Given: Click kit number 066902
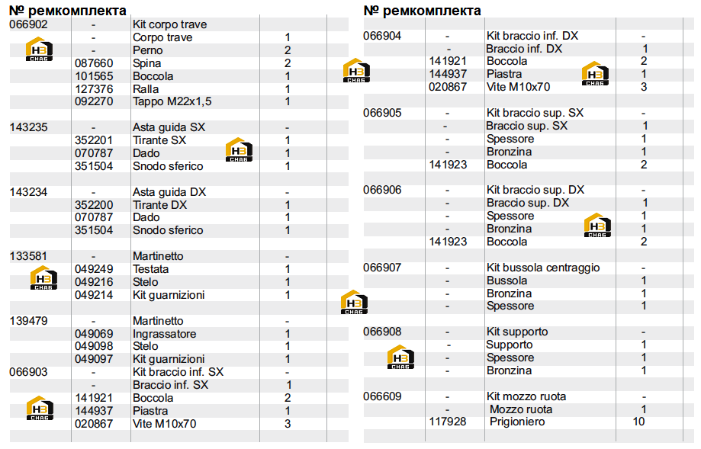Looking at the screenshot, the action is coord(29,24).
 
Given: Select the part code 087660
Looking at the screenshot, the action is coord(94,63).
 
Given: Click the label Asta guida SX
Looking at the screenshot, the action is coord(169,127).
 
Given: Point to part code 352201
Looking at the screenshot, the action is coord(94,140).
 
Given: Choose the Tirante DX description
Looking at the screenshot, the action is coord(160,205).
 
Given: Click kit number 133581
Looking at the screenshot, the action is coord(29,256).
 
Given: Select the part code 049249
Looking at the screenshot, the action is coord(94,269).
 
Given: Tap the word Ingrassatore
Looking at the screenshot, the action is coord(165,334).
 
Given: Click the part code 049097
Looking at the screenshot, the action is coord(94,359).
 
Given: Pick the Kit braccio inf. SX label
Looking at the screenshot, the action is coord(178,372).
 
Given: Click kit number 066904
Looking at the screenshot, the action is coord(382,36).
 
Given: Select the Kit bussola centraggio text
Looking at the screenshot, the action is coord(543,268).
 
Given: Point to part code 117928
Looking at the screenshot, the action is coord(448,422).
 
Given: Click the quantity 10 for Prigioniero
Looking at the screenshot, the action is coord(638,422).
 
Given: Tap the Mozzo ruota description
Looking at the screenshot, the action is coord(521,409).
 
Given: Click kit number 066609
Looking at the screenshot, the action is coord(382,396).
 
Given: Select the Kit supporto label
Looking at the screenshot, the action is coord(517,332).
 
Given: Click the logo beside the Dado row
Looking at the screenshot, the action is coord(240,149).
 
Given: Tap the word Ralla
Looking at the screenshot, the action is coord(146,89).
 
